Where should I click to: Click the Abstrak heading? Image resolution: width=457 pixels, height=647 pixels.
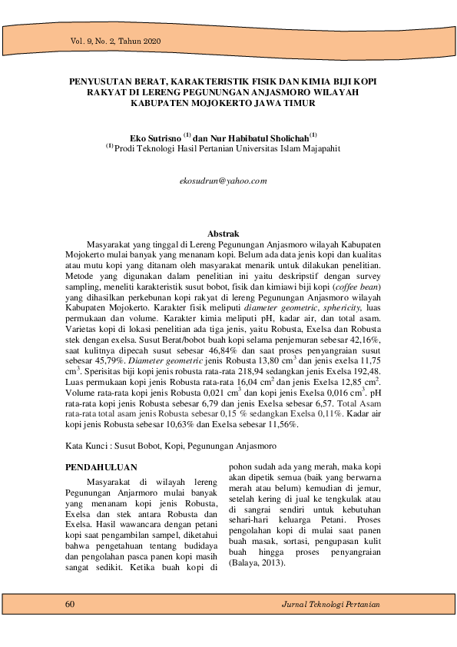coord(224,234)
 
